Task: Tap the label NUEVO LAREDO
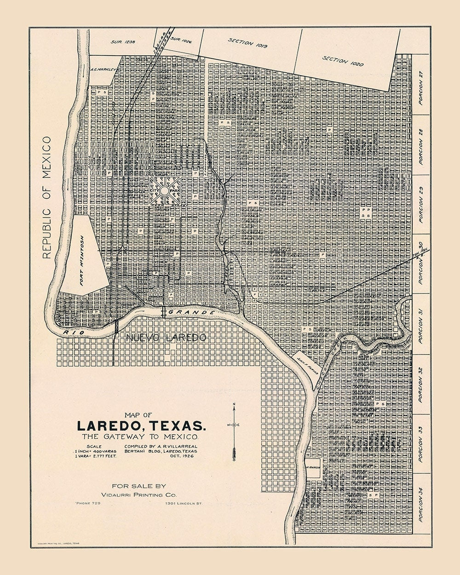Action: coord(165,338)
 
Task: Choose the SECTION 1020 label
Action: coord(343,61)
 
